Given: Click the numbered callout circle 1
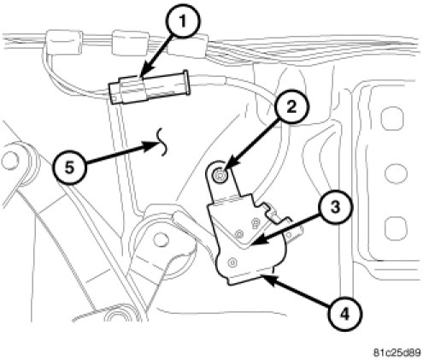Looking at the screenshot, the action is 183,21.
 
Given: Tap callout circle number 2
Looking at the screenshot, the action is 291,107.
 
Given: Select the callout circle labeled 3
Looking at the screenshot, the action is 336,207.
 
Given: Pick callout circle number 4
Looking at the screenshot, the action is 345,314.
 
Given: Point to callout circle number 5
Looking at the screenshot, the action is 69,168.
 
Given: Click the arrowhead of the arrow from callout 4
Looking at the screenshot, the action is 267,277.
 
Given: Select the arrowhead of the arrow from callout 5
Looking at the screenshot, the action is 151,145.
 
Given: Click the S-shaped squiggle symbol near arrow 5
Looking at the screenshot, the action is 162,142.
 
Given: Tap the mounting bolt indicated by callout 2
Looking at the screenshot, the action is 220,174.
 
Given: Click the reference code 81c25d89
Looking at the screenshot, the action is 397,352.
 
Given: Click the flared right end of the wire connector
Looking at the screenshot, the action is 186,82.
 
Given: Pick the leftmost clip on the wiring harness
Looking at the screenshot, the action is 64,42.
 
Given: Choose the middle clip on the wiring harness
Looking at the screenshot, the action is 130,42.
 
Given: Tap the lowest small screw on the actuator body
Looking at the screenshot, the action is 233,262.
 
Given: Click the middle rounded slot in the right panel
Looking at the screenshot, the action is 396,173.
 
